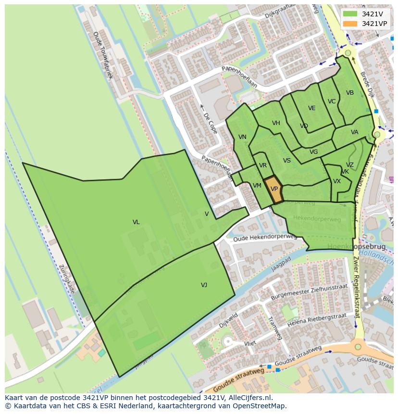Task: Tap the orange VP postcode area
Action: click(x=274, y=189)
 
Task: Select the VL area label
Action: click(x=136, y=222)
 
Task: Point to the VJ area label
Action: click(x=204, y=285)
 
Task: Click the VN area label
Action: click(x=242, y=137)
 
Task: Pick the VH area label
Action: click(x=276, y=123)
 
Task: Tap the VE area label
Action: click(x=312, y=108)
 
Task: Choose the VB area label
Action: click(x=350, y=93)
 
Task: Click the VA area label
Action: click(x=354, y=132)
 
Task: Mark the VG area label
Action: click(x=313, y=152)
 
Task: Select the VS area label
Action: click(x=287, y=161)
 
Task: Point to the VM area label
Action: click(x=257, y=186)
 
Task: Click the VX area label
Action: click(x=337, y=181)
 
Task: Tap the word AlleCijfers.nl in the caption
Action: click(x=249, y=398)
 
